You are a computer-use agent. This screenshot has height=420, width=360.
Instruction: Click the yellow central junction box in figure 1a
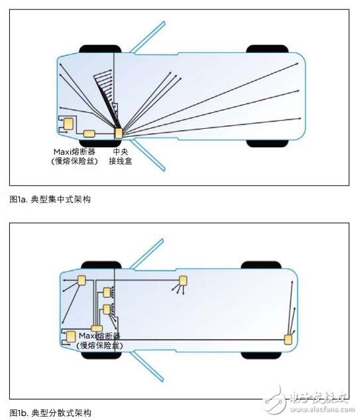[x=119, y=132]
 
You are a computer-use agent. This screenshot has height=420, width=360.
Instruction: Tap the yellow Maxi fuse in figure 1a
[x=89, y=133]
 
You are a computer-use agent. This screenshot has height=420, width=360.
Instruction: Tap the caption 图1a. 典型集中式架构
[x=50, y=199]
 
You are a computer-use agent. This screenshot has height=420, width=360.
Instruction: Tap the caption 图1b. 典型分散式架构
[x=50, y=413]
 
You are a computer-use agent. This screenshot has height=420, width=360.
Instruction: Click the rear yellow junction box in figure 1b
[x=288, y=340]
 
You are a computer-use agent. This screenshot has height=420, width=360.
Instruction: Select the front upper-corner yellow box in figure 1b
[x=83, y=280]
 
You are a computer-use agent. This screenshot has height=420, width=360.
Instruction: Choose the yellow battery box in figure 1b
[x=70, y=336]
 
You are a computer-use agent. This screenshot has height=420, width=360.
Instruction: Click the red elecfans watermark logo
[x=273, y=399]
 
